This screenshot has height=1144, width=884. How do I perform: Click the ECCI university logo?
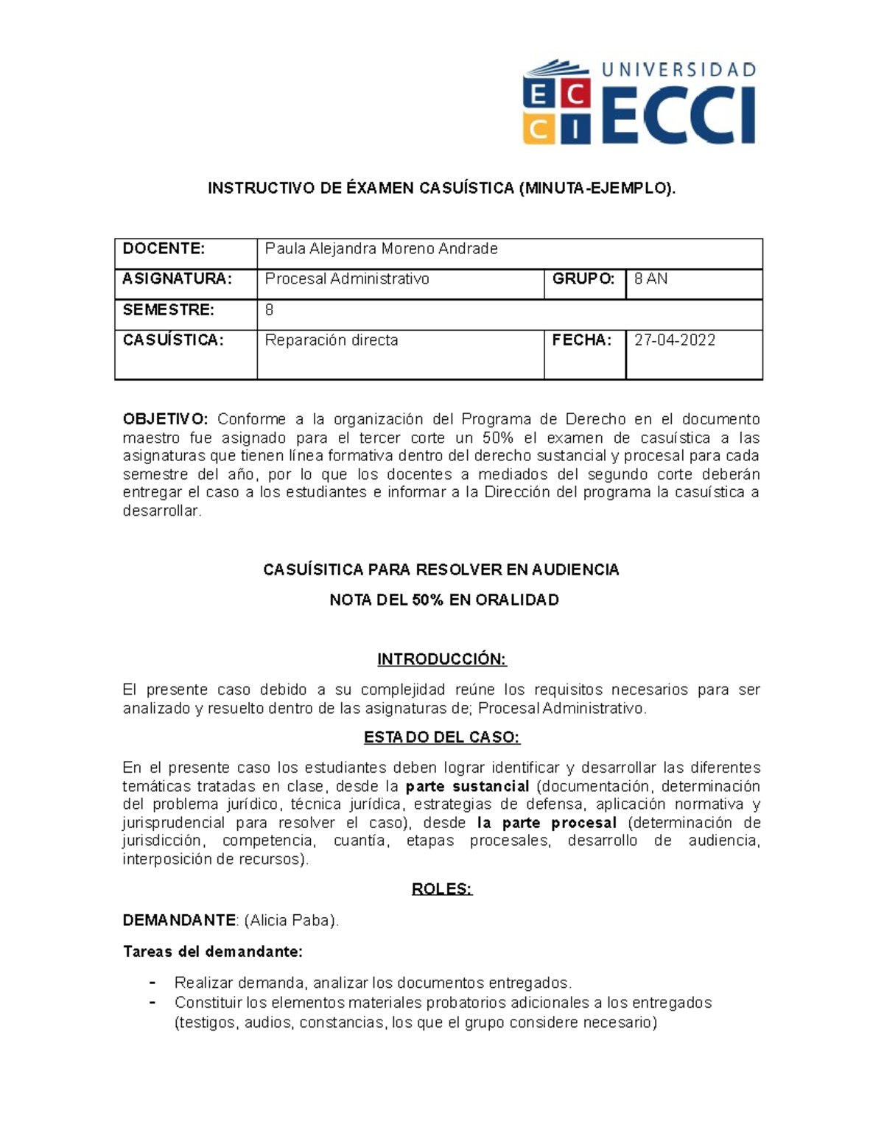(x=638, y=102)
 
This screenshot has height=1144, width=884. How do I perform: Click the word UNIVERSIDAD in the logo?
(x=678, y=70)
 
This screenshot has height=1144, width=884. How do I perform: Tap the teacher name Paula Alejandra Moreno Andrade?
(x=381, y=249)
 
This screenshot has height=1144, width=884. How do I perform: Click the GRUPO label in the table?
(x=583, y=279)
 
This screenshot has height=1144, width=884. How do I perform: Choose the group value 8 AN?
(x=651, y=279)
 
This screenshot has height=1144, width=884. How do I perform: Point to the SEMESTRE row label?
(x=168, y=310)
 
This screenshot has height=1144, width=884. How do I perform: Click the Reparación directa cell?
(x=331, y=340)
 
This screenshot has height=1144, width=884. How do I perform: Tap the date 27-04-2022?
(x=675, y=340)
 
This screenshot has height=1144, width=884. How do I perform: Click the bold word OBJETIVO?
(x=165, y=420)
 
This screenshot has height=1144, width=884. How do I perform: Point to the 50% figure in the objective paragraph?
(x=497, y=438)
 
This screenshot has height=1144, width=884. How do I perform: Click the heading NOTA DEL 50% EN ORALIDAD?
(x=443, y=600)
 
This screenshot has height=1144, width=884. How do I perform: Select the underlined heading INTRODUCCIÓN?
(x=442, y=659)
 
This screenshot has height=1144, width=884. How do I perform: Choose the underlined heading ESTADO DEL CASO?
(x=442, y=737)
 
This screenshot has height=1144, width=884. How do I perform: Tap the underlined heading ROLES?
(x=441, y=889)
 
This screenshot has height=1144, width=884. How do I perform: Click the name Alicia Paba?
(x=292, y=921)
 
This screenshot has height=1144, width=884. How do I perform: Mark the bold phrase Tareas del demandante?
(x=212, y=952)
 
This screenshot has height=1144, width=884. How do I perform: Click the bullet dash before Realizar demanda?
(x=152, y=983)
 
